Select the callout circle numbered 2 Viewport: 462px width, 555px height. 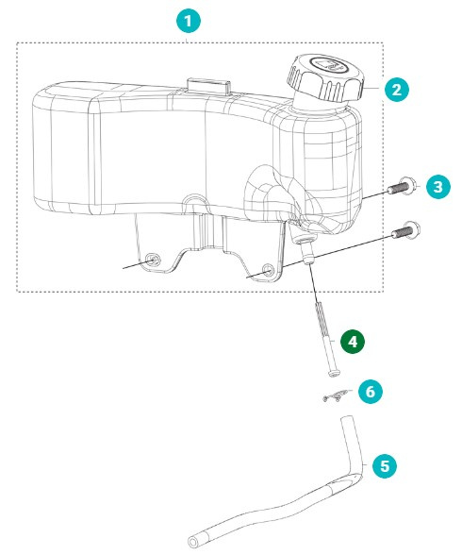(397, 90)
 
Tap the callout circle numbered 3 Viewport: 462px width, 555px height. (437, 187)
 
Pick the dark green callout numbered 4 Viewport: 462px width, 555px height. (353, 342)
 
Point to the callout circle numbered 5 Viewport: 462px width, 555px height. (383, 464)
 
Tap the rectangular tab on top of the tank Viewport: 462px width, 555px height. (209, 86)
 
